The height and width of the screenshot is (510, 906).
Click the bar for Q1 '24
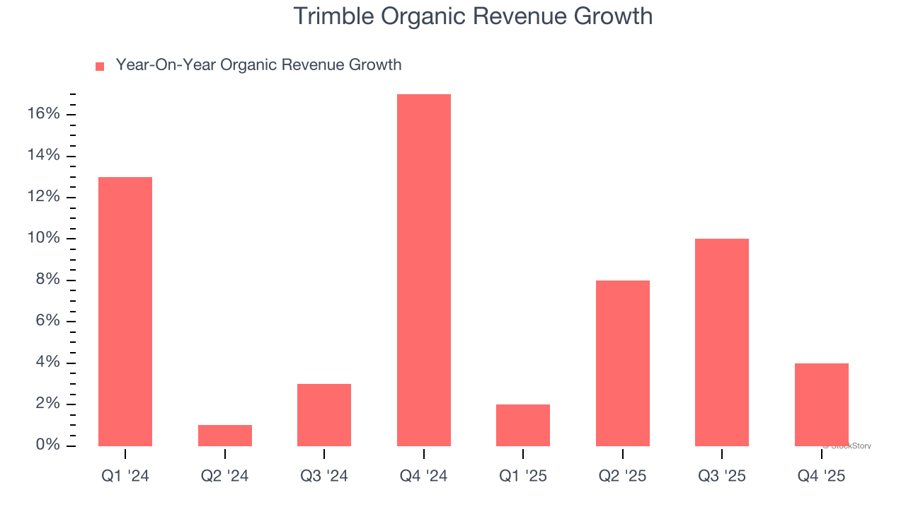(125, 312)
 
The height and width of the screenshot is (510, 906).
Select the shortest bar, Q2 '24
(224, 436)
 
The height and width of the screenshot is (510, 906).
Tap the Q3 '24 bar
(324, 415)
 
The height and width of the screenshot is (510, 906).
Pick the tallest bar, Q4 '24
(423, 270)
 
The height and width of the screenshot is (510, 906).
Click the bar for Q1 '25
(523, 425)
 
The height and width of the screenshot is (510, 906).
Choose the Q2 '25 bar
(622, 363)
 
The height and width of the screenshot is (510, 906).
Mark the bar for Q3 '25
(722, 342)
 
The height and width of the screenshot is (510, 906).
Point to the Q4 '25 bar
(821, 404)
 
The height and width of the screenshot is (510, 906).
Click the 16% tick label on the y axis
(42, 114)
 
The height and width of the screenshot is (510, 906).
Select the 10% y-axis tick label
(42, 239)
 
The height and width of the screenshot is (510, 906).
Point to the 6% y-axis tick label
(47, 322)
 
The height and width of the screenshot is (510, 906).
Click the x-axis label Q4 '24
(423, 476)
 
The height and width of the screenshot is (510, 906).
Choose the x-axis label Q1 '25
(523, 476)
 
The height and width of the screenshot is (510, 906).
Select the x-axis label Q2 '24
(224, 476)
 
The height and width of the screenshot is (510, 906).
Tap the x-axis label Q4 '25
(821, 476)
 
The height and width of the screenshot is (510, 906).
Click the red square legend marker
(100, 66)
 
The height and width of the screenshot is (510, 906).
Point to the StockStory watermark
(848, 446)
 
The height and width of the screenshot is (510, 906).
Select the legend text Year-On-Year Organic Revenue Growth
(258, 65)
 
